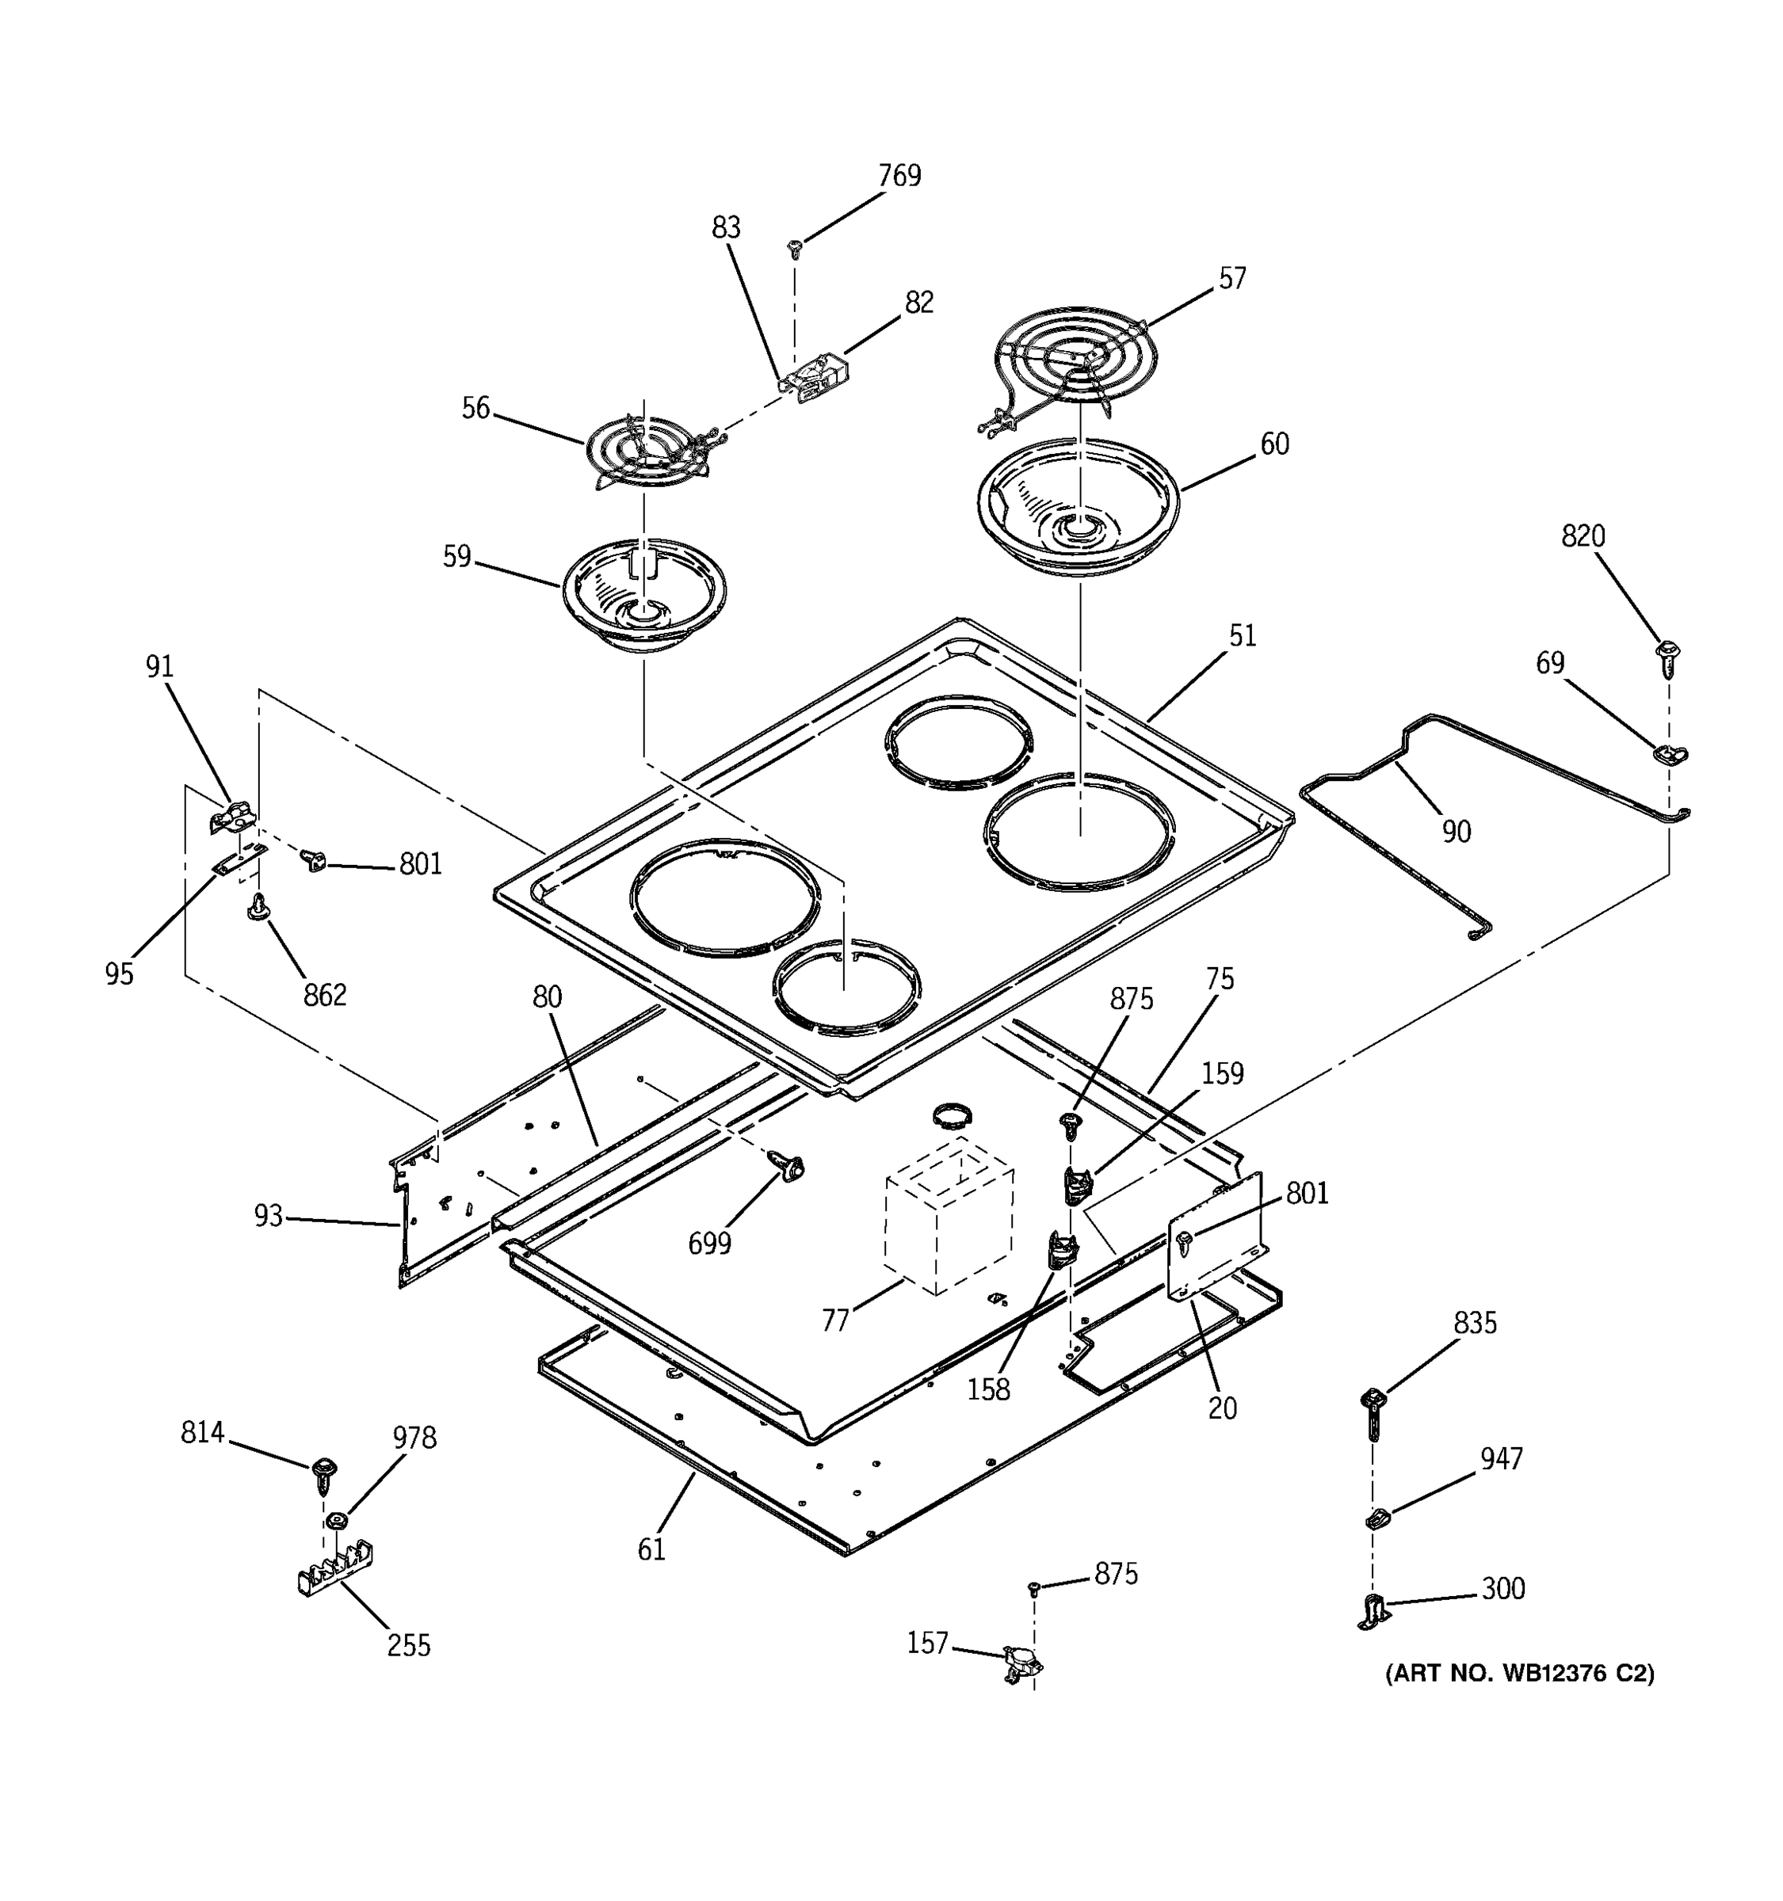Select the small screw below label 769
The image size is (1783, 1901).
click(793, 249)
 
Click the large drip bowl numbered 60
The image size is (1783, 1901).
click(1078, 508)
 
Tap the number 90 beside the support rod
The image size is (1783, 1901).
click(1455, 832)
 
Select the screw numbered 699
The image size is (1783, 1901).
click(790, 1167)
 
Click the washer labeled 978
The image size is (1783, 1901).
click(334, 1522)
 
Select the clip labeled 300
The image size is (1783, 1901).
click(1373, 1611)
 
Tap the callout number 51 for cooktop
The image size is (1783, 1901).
click(1242, 636)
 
